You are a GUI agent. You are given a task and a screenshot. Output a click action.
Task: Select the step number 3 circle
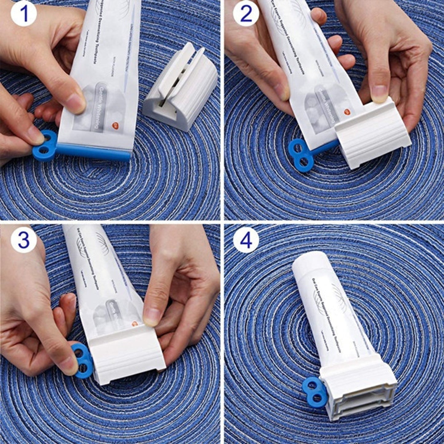24,241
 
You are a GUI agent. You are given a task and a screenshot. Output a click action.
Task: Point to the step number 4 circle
246,241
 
